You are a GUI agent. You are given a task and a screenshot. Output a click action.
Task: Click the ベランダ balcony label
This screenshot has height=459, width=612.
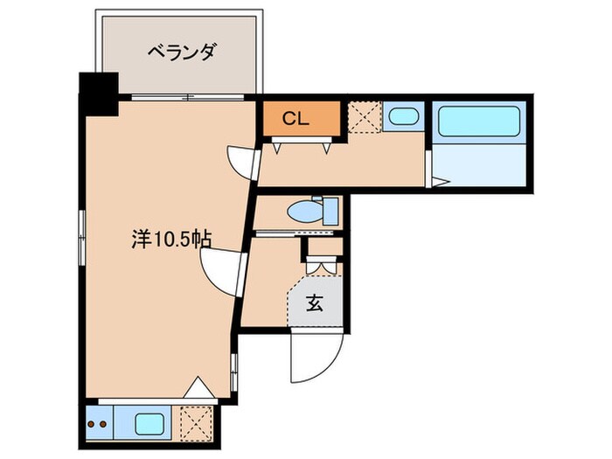pyautogui.click(x=180, y=53)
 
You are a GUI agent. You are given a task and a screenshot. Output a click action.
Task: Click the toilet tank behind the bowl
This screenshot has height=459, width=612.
pyautogui.click(x=330, y=211)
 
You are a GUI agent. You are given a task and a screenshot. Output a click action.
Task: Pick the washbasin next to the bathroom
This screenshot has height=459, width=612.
pyautogui.click(x=403, y=117)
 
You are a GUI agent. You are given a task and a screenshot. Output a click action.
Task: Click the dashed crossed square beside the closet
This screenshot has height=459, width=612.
pyautogui.click(x=362, y=117)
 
